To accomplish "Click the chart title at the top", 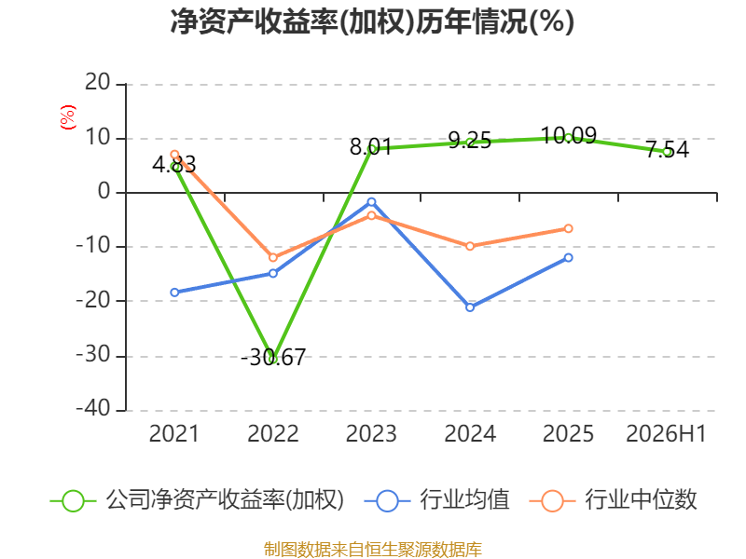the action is tap(372, 22).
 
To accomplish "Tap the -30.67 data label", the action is tap(273, 358).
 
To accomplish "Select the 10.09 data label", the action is tap(569, 135).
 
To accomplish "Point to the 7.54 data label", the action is tap(668, 149).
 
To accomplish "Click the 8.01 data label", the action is tap(370, 147).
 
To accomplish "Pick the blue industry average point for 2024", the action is tap(470, 307).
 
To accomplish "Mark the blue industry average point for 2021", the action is tap(174, 293).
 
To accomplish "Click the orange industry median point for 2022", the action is tap(273, 258).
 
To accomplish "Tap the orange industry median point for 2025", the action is tap(569, 228).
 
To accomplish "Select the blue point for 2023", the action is tap(371, 202).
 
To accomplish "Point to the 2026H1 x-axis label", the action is tap(666, 433).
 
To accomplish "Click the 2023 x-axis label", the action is tap(371, 433).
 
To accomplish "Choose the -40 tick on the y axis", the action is tap(93, 409).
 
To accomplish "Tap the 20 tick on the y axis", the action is tap(98, 83).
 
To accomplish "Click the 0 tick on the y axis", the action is tap(104, 192).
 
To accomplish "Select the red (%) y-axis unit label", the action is tap(67, 117).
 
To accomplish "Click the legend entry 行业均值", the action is tap(436, 500).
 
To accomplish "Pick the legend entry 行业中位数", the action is tap(613, 500).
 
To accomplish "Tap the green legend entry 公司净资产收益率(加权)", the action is tap(197, 500).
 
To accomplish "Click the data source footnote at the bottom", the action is tap(373, 550).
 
